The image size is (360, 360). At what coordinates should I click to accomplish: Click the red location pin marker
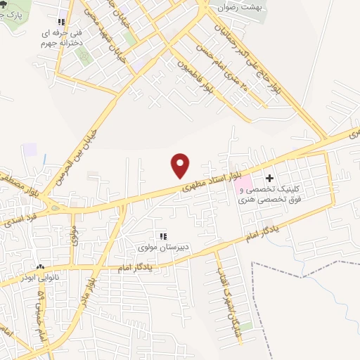[x=181, y=165]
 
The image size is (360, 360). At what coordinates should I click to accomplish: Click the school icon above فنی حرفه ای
[x=62, y=21]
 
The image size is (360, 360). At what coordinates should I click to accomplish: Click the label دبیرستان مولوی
[x=164, y=248]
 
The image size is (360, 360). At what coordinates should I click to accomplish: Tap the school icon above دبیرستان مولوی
[x=164, y=236]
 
